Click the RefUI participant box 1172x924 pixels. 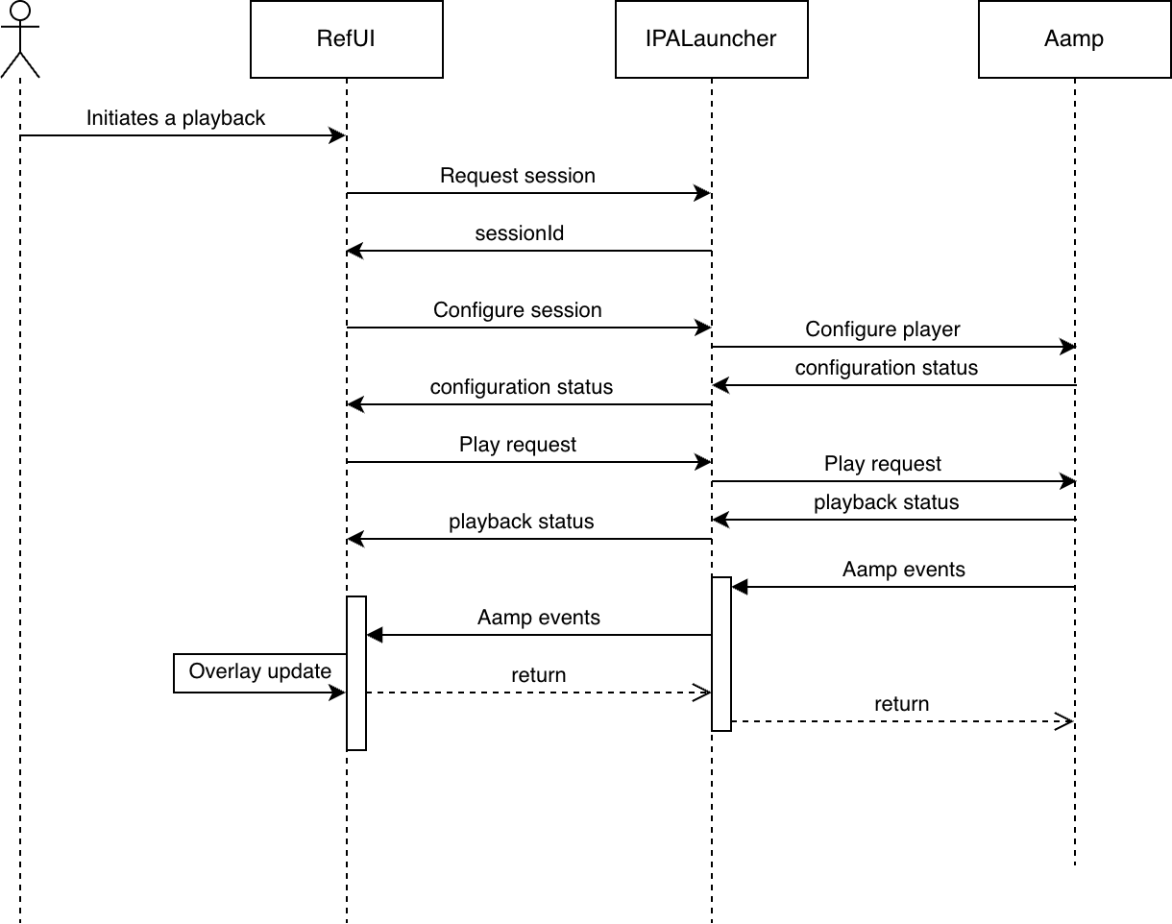(347, 39)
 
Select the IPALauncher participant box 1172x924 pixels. (711, 39)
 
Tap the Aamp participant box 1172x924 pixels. (1075, 39)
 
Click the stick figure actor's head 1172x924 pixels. (20, 11)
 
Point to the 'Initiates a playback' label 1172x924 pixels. (176, 118)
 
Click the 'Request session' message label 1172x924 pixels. (518, 176)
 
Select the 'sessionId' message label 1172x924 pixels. (519, 233)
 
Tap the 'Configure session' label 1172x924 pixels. (518, 310)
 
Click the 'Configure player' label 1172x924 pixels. (882, 329)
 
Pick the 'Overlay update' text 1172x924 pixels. (259, 671)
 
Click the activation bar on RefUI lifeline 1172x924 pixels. (356, 673)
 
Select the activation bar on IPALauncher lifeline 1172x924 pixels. (721, 653)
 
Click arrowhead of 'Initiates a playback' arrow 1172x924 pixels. (338, 135)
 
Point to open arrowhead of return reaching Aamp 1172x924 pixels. (1064, 721)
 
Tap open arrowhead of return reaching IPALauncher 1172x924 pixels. (701, 693)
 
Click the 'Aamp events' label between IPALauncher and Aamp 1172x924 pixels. (904, 570)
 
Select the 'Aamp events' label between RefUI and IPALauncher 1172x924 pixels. (539, 618)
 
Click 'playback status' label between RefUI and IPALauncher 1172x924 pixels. (522, 522)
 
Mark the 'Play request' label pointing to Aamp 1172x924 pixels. (882, 464)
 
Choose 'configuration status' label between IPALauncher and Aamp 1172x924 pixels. (886, 368)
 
